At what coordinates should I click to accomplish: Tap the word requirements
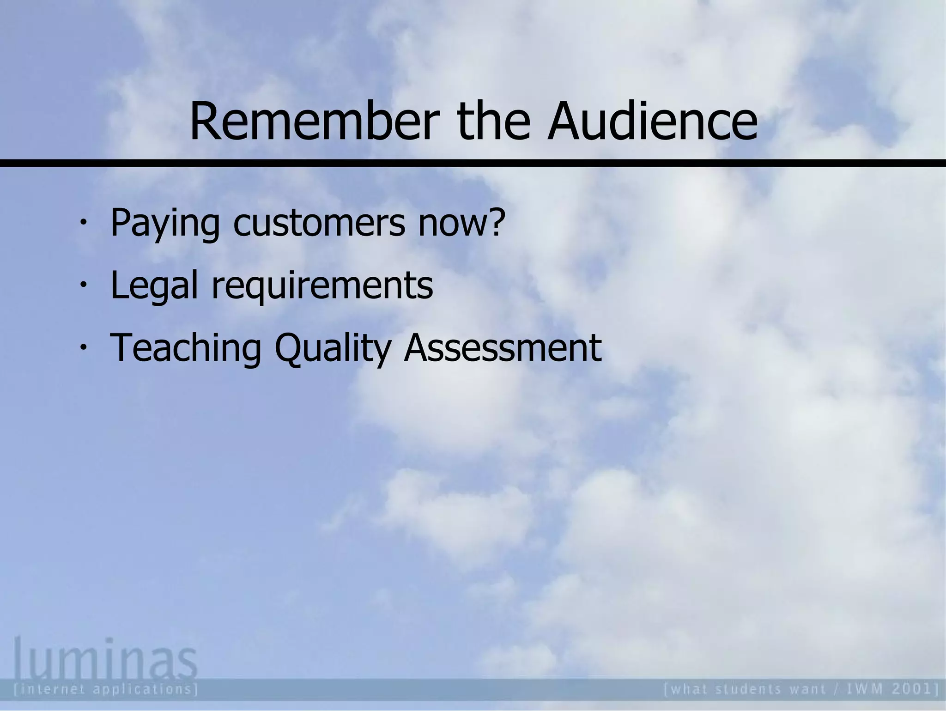(x=322, y=286)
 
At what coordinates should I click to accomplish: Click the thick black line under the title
(x=473, y=163)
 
